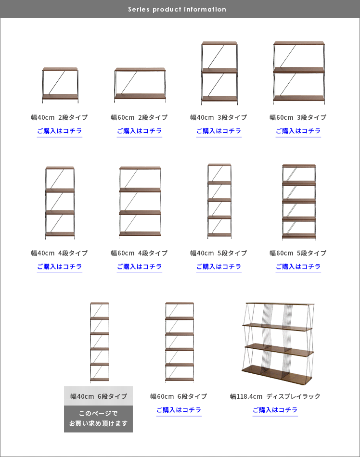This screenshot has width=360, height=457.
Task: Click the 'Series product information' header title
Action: [x=177, y=9]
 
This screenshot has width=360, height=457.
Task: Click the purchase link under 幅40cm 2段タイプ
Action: [x=60, y=131]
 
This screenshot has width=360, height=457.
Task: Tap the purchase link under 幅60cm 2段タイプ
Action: [x=140, y=131]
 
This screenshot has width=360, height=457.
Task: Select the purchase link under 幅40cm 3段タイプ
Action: [x=219, y=131]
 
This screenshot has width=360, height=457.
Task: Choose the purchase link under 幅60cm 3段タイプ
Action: [x=298, y=131]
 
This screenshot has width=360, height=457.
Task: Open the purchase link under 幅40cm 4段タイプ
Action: [x=60, y=267]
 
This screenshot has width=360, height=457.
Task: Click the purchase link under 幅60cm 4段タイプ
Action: [x=140, y=267]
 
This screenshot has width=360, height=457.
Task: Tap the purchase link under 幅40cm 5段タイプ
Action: [x=219, y=267]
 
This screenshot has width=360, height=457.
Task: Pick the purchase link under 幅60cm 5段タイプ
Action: [x=298, y=267]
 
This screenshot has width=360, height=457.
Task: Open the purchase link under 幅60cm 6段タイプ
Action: [x=179, y=410]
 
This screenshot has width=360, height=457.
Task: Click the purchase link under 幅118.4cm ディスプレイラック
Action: [x=275, y=410]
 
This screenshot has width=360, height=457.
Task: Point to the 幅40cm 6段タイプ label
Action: [x=99, y=396]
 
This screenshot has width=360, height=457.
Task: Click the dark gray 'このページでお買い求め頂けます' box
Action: [x=99, y=419]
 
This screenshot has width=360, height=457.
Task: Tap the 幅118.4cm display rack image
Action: [x=278, y=343]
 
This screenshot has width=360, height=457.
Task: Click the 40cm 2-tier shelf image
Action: [x=60, y=85]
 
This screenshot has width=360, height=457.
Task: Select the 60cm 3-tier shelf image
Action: [x=299, y=73]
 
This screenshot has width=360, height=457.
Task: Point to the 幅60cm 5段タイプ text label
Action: [x=298, y=253]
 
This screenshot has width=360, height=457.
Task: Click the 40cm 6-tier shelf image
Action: [x=100, y=343]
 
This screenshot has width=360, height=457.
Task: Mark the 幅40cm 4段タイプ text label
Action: [x=60, y=253]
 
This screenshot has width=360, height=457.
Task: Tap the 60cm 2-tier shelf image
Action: [x=140, y=85]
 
